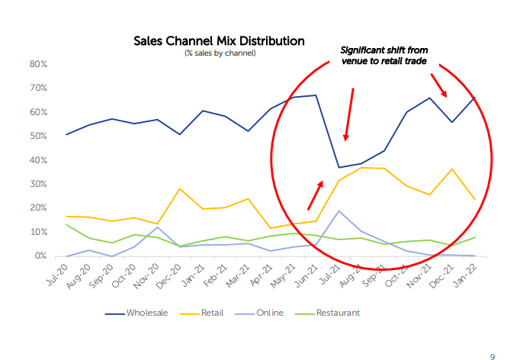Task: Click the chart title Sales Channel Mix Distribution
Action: point(219,41)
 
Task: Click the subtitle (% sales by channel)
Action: point(219,53)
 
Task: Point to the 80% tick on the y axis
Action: point(39,64)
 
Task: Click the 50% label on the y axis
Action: point(39,137)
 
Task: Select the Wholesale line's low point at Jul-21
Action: point(339,167)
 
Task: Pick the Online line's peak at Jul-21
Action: point(339,211)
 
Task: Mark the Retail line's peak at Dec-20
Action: point(179,188)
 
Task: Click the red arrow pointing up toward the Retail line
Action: point(315,194)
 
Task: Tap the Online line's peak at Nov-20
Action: point(157,227)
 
